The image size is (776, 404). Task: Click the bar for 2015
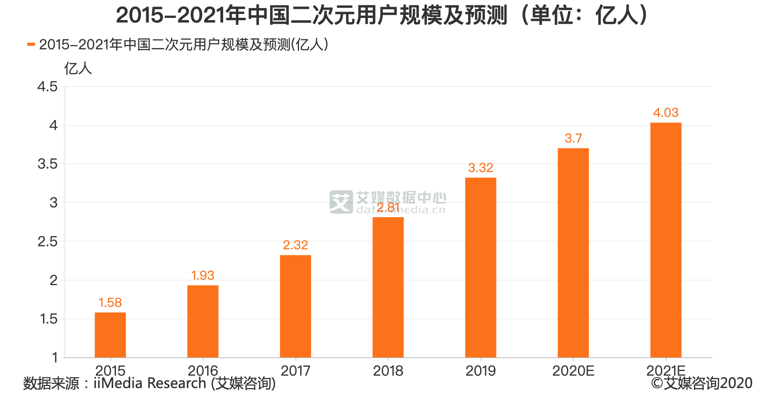tap(110, 335)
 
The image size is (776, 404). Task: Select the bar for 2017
tap(295, 306)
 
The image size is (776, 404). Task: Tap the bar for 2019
tap(481, 267)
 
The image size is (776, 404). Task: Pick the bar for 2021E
tap(666, 240)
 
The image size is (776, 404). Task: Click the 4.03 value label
tap(666, 113)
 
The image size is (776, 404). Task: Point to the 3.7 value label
tap(573, 138)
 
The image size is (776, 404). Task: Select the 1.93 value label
tap(203, 275)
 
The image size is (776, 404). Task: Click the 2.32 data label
tap(295, 245)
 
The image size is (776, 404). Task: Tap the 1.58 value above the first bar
tap(110, 303)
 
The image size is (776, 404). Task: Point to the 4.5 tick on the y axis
tap(47, 87)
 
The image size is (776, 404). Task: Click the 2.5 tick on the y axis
tap(47, 242)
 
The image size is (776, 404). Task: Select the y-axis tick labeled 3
tap(53, 203)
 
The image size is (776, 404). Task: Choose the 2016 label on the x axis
tap(203, 371)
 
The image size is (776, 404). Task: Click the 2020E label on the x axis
tap(573, 371)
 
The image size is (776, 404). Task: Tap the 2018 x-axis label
tap(388, 371)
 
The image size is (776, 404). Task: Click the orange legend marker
tap(31, 45)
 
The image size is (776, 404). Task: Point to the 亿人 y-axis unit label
tap(78, 69)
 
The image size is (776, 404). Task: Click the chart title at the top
tap(383, 16)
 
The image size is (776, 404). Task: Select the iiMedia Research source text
tap(149, 383)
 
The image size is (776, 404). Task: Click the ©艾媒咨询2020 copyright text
tap(702, 383)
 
